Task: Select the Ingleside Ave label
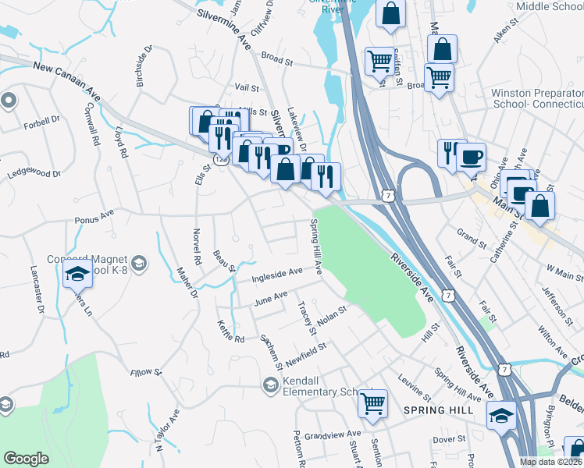[277, 274]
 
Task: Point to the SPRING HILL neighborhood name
[433, 410]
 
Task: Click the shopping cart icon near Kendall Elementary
[373, 403]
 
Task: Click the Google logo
[26, 459]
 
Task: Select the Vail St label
[246, 88]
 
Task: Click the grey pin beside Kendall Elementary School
[270, 384]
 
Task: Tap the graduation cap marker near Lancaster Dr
[77, 274]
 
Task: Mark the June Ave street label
[270, 297]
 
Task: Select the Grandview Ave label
[333, 434]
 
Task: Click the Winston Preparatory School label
[537, 98]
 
